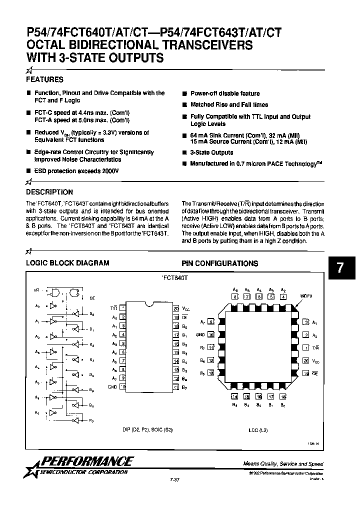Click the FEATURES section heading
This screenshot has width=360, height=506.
(44, 79)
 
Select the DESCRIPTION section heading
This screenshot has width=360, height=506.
(49, 192)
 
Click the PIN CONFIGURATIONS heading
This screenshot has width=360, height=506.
(219, 263)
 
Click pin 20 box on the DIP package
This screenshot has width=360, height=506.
(176, 309)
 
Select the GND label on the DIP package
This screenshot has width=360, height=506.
(112, 387)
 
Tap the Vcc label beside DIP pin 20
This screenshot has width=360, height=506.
(185, 309)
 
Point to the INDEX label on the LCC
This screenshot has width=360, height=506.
(306, 296)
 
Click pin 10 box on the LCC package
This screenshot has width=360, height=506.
(210, 334)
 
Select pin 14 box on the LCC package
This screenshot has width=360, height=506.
(234, 396)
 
